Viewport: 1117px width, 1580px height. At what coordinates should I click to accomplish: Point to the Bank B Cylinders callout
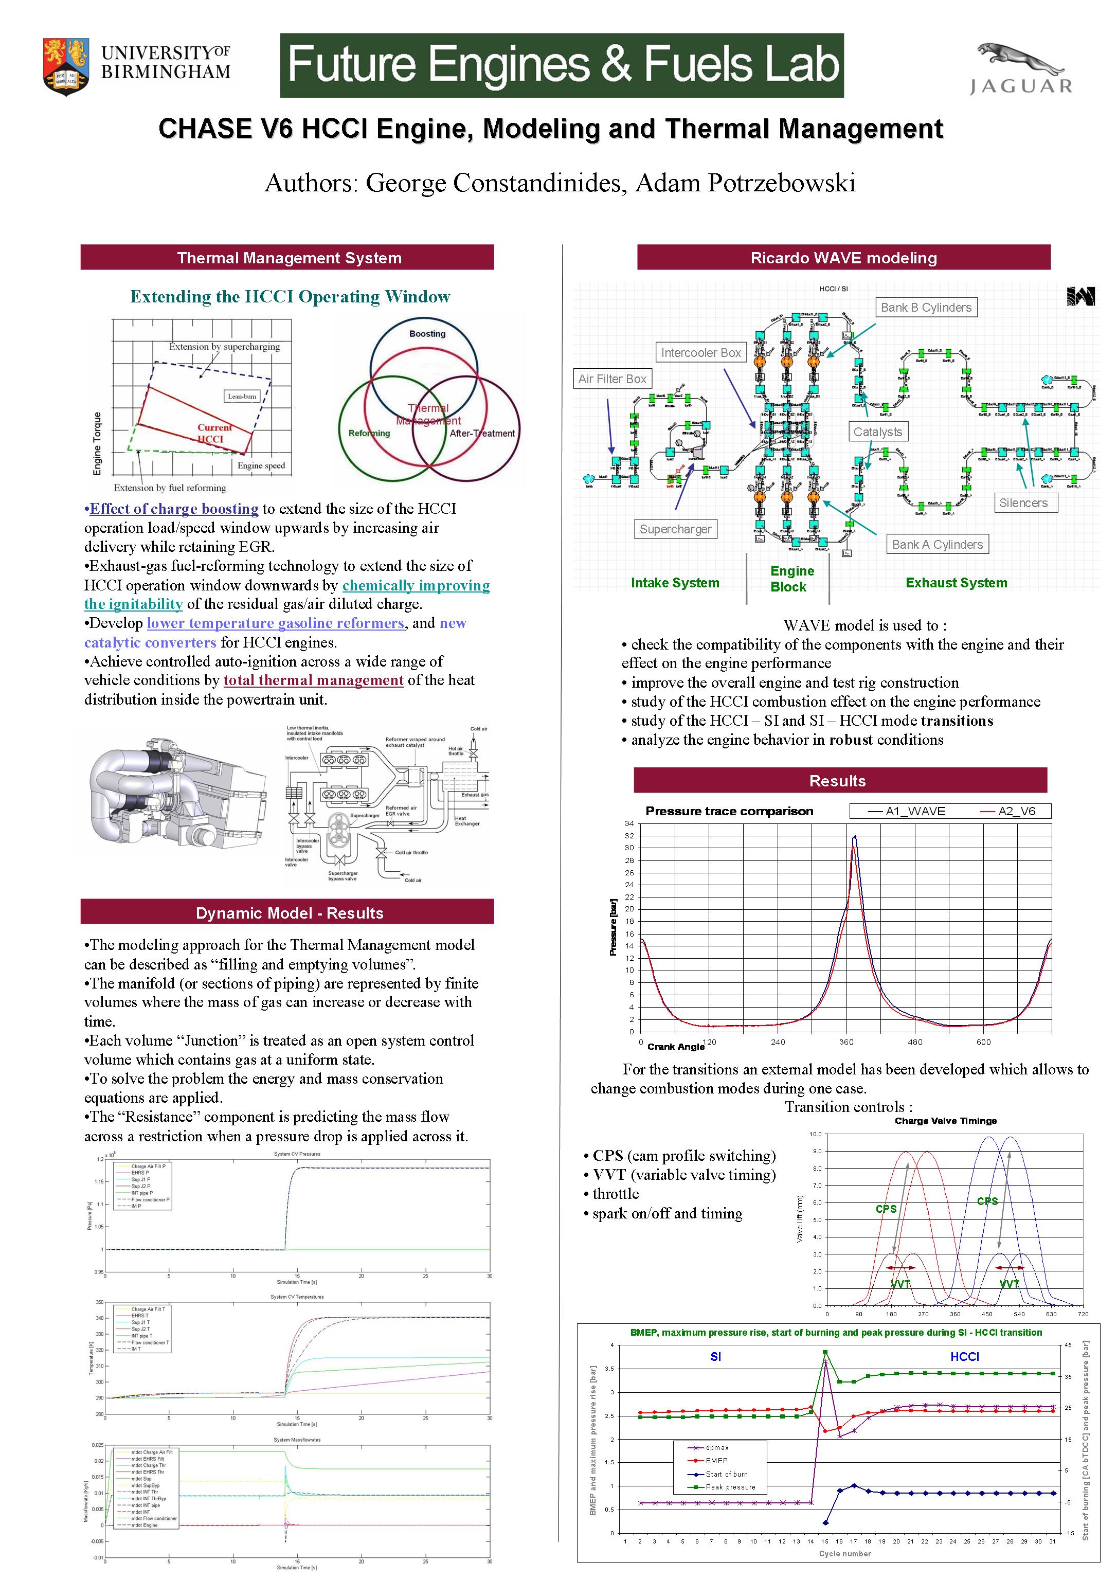click(x=926, y=308)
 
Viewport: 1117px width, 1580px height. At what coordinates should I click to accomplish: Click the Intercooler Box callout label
click(x=700, y=353)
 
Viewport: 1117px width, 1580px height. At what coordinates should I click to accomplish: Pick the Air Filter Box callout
click(x=612, y=379)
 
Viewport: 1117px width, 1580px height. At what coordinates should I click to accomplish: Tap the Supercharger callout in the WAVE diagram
click(x=675, y=529)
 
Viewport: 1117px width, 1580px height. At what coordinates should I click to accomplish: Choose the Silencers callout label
click(x=1023, y=502)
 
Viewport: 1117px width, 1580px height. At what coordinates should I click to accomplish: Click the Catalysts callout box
click(x=877, y=432)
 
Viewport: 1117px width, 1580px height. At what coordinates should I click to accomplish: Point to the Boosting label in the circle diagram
click(x=427, y=334)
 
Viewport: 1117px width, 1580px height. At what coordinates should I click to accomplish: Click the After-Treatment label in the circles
click(x=482, y=434)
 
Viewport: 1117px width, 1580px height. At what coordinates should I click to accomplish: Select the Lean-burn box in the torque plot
click(x=242, y=397)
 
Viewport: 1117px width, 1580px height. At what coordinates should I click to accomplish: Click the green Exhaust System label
click(x=956, y=583)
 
